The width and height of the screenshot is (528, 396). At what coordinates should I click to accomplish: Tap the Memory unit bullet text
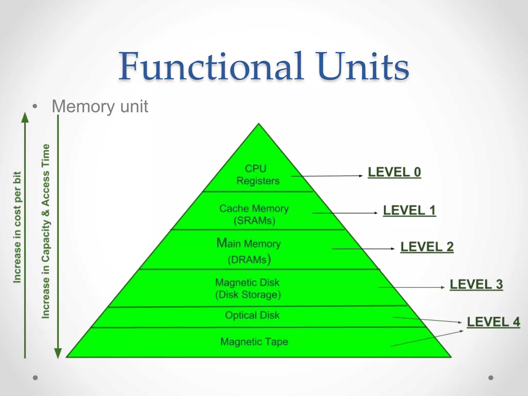[x=100, y=106]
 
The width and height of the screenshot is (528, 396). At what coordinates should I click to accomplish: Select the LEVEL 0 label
[x=394, y=172]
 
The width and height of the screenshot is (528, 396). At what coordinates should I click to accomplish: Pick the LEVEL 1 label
[x=409, y=210]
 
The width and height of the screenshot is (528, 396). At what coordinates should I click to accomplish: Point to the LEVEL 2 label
[x=427, y=247]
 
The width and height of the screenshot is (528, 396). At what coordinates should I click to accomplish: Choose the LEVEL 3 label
[x=476, y=284]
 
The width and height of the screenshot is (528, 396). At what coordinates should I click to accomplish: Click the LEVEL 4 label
[x=493, y=322]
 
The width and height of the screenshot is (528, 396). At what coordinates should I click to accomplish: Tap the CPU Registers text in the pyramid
[x=258, y=175]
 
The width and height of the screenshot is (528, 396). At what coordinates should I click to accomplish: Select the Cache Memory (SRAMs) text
[x=254, y=214]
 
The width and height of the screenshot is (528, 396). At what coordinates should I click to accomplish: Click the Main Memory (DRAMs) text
[x=249, y=251]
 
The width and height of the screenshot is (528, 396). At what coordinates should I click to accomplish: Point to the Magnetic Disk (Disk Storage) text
[x=248, y=288]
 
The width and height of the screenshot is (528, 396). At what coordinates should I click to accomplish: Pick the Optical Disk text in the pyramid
[x=252, y=315]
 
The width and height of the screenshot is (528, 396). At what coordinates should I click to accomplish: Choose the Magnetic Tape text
[x=254, y=342]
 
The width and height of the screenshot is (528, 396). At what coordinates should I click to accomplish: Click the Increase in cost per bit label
[x=17, y=227]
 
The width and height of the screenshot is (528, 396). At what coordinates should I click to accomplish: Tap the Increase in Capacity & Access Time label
[x=46, y=231]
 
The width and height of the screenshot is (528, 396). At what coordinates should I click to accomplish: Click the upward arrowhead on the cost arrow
[x=25, y=117]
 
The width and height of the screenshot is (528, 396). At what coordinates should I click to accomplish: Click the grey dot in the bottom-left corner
[x=35, y=378]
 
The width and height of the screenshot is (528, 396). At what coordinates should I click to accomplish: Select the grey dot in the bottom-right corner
[x=491, y=378]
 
